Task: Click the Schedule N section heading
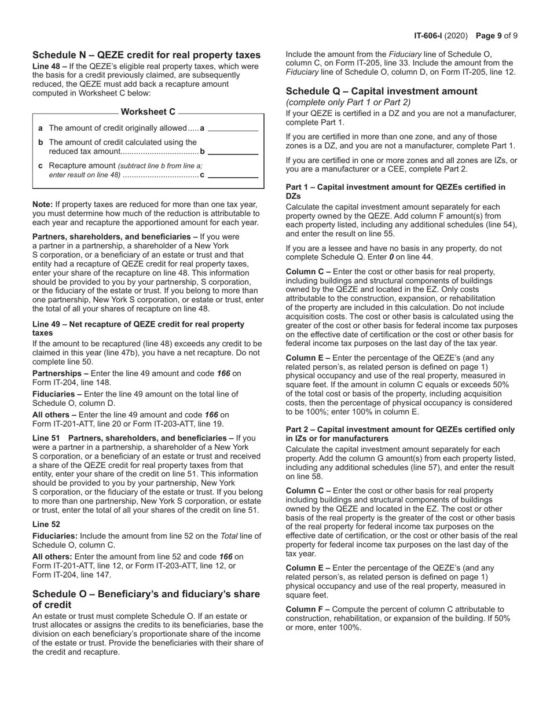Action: click(x=146, y=55)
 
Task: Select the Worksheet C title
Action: click(x=148, y=112)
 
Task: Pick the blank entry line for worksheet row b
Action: click(x=233, y=152)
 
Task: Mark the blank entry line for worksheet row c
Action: click(x=233, y=175)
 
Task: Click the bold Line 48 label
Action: click(x=49, y=66)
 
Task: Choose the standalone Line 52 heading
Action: click(x=46, y=524)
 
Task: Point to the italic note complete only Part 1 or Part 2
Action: click(x=348, y=102)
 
